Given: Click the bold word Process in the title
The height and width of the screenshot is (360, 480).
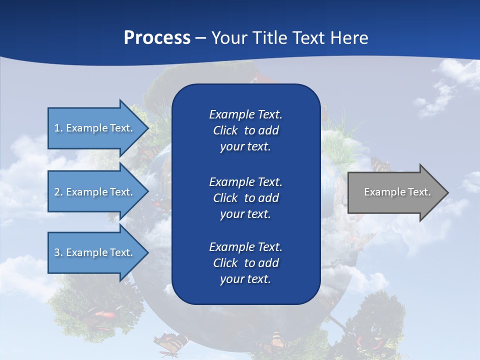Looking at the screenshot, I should point(157,38).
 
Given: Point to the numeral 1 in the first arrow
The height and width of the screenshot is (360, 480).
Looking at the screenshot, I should point(57,128).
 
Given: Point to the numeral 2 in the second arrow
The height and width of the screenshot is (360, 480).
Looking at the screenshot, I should point(57,192).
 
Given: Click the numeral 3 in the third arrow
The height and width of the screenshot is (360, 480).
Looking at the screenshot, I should point(57,252).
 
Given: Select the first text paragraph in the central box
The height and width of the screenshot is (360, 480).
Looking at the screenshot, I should point(245,130).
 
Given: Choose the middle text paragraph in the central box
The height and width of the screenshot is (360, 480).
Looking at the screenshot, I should point(245,197).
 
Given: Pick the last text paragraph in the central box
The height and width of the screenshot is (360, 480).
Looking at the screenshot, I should point(245,263).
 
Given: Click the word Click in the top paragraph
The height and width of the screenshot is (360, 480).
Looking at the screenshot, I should point(225,130).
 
